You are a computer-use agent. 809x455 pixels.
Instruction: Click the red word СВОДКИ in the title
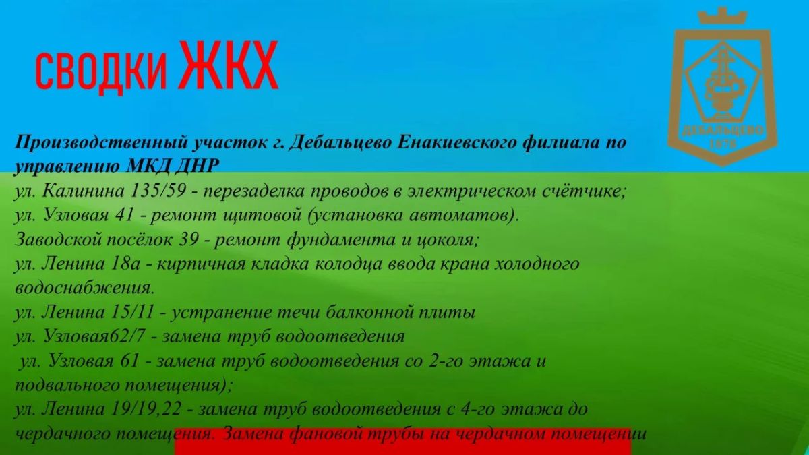[x=102, y=71]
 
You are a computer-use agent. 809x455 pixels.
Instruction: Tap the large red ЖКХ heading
[x=229, y=65]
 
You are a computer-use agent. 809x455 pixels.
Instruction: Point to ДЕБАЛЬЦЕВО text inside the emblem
[x=723, y=130]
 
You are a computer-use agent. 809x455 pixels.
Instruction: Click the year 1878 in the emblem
[x=723, y=144]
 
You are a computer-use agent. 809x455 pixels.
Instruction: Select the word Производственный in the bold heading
[x=101, y=143]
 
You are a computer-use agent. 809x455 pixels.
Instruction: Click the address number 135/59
[x=158, y=191]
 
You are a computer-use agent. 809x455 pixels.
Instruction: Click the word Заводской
[x=58, y=239]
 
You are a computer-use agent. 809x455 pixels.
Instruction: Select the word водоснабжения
[x=84, y=289]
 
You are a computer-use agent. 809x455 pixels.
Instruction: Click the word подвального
[x=67, y=386]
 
